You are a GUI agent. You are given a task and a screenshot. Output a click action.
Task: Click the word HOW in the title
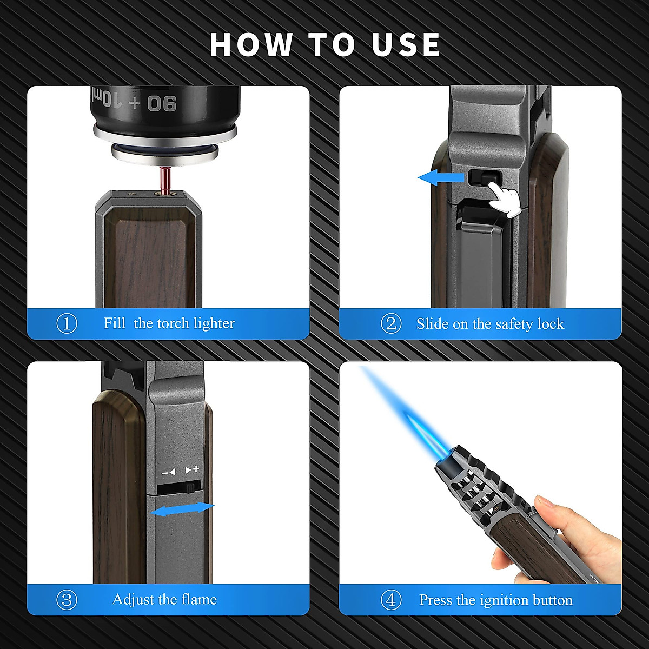251,44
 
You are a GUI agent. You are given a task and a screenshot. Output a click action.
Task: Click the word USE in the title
406,44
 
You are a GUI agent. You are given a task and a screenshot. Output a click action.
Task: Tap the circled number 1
67,323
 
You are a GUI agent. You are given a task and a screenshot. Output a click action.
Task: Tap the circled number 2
391,323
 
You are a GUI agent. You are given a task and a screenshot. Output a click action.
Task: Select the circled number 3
67,600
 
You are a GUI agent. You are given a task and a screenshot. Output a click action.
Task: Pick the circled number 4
391,600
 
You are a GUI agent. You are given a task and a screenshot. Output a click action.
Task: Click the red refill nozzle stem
164,178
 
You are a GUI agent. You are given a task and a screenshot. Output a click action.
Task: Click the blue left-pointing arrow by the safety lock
441,177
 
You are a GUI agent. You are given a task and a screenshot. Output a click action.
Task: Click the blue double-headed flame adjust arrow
182,509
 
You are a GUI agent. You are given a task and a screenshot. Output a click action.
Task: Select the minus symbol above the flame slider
168,472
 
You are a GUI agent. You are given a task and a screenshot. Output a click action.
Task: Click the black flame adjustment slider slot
176,488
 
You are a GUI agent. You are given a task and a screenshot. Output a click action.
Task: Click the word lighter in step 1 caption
214,323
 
